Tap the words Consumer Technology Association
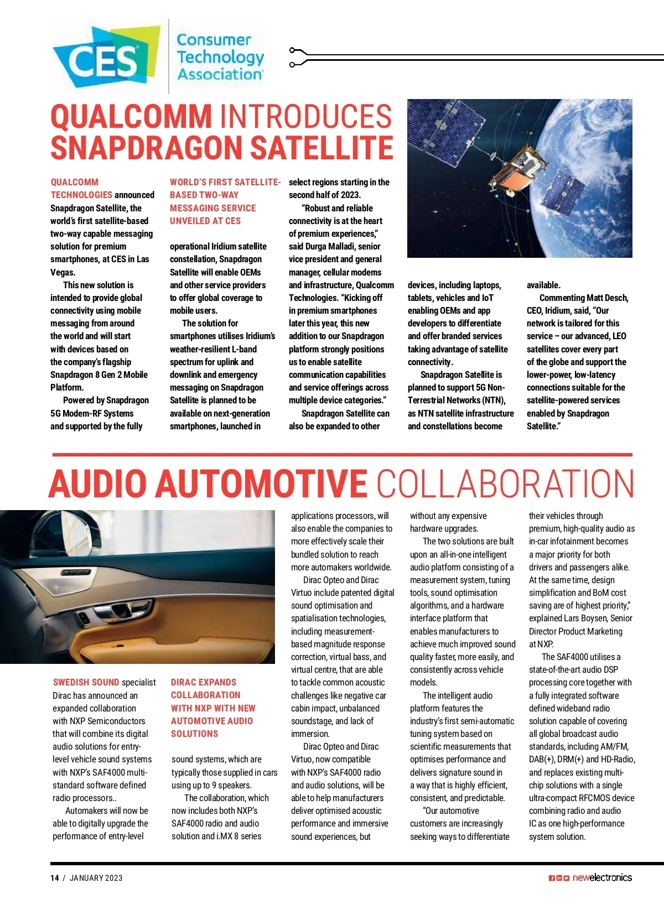click(x=220, y=57)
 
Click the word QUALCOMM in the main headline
click(x=131, y=117)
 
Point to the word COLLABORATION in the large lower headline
click(x=505, y=483)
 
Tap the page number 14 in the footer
click(x=54, y=878)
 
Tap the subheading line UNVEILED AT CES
click(x=205, y=221)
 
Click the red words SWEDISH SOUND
click(x=86, y=683)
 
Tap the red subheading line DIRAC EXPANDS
click(x=204, y=683)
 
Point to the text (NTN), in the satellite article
click(x=491, y=400)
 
